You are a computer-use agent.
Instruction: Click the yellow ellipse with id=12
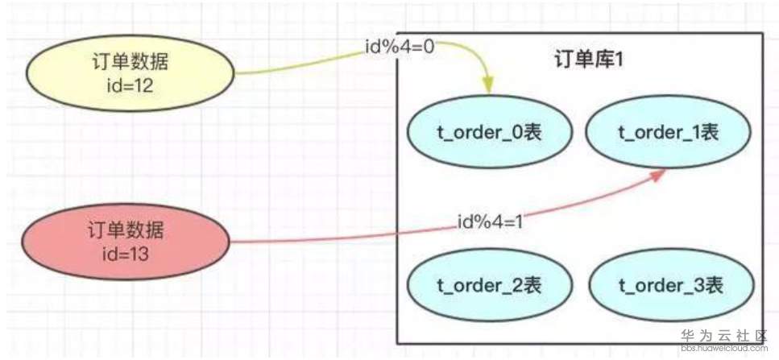(x=131, y=73)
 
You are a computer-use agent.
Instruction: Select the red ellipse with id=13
(x=126, y=242)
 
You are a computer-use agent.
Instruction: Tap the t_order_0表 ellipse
(x=489, y=133)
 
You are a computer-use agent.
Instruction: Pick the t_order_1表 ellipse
(x=668, y=133)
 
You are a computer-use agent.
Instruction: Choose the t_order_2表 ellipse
(x=489, y=286)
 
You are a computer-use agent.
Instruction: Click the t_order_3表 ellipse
(x=671, y=286)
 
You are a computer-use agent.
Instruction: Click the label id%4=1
(x=491, y=221)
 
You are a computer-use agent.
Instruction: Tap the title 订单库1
(x=588, y=61)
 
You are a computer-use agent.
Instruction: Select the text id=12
(x=131, y=85)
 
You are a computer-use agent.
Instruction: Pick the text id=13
(x=126, y=254)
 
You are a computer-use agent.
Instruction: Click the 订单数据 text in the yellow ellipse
(x=131, y=63)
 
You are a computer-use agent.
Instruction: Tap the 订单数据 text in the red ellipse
(x=126, y=231)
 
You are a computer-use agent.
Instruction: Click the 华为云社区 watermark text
(x=724, y=336)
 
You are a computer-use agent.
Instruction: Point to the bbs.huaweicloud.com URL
(x=724, y=348)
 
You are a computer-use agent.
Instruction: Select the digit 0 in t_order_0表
(x=516, y=133)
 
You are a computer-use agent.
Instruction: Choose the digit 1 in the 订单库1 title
(x=619, y=61)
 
